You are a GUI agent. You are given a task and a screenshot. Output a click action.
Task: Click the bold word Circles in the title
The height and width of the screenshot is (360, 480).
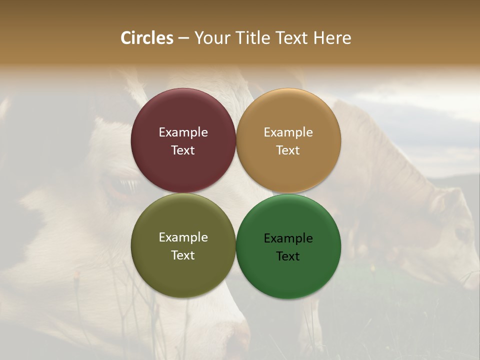[147, 38]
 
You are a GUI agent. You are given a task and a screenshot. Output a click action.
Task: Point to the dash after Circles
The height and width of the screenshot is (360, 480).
[183, 38]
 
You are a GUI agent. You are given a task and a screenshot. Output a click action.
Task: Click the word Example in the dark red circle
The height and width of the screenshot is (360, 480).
[183, 132]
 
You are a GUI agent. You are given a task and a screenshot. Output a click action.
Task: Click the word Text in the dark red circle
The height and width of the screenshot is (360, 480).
[183, 150]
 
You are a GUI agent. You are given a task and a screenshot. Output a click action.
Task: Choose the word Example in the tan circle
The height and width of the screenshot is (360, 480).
[288, 132]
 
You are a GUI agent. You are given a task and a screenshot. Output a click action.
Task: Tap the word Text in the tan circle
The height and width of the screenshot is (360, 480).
[288, 150]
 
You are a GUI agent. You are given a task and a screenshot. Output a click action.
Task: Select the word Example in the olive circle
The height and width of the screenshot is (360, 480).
[183, 237]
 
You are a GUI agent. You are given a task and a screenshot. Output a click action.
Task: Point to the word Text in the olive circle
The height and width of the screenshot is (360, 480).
[183, 255]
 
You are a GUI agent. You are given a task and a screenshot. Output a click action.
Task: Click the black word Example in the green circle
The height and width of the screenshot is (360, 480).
[288, 238]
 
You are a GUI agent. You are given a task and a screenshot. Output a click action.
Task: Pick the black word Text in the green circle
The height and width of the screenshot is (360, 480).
[288, 256]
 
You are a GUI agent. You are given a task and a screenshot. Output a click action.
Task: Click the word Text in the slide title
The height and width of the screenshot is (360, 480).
[292, 38]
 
